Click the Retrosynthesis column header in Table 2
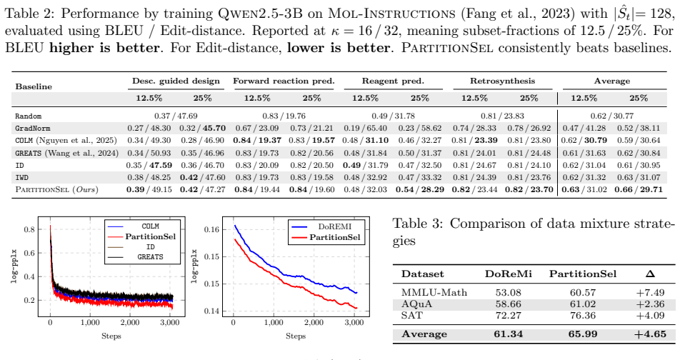tap(502, 81)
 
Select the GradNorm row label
tap(33, 129)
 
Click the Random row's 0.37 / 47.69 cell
tap(176, 116)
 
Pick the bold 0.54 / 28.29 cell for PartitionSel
tap(420, 189)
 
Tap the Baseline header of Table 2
tap(34, 86)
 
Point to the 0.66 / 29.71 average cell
tap(639, 189)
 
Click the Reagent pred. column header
tap(393, 81)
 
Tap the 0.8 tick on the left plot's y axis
tap(29, 229)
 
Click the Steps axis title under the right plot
tap(296, 336)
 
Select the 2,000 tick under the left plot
tap(130, 323)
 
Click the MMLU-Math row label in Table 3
tap(434, 293)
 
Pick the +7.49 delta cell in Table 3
tap(650, 293)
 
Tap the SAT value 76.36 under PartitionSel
tap(583, 315)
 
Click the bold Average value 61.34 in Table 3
tap(509, 334)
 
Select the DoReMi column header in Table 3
tap(509, 274)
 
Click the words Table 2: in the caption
tap(29, 14)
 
